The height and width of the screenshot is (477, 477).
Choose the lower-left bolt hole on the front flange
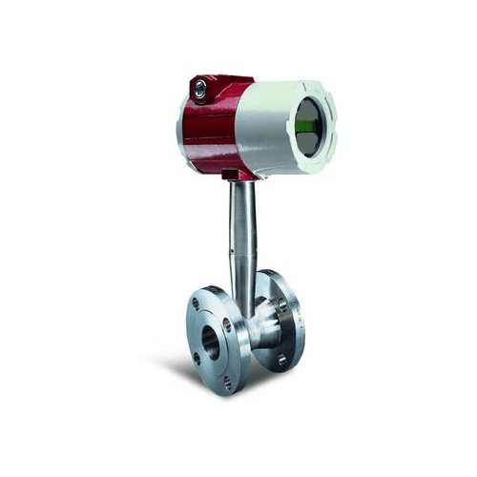pos(197,359)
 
